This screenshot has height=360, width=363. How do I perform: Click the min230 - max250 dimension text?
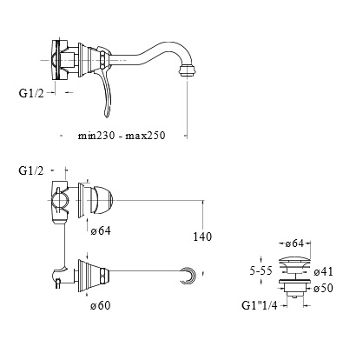[x=122, y=136]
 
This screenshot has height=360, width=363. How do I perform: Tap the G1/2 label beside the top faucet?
[x=31, y=93]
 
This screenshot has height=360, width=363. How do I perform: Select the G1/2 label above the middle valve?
[x=31, y=170]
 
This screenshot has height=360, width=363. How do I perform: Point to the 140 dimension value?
[x=202, y=237]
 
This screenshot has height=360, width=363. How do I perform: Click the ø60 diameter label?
[x=101, y=305]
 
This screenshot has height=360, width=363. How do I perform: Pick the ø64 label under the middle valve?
[x=101, y=231]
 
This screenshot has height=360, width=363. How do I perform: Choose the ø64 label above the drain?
[x=294, y=243]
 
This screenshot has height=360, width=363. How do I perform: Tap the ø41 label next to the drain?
[x=323, y=271]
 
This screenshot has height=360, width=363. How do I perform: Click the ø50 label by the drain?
[x=323, y=288]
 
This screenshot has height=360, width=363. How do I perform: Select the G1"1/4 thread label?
[x=260, y=305]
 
